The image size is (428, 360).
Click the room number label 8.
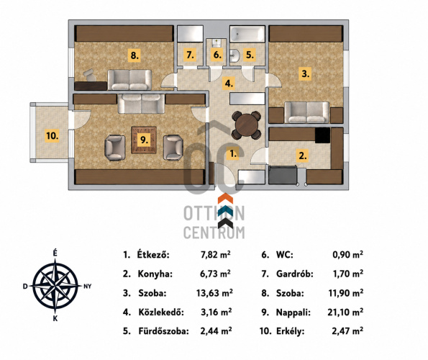(134, 55)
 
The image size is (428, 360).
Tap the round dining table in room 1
(247, 125)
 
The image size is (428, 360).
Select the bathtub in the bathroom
(247, 34)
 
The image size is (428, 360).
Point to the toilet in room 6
(217, 43)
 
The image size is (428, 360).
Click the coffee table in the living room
(144, 140)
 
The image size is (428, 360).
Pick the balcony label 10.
(52, 135)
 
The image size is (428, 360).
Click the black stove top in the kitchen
(322, 135)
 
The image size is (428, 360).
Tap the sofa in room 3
(307, 112)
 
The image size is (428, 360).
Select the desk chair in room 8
(89, 76)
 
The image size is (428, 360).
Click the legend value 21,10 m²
(345, 312)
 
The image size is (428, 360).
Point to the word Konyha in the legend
(155, 274)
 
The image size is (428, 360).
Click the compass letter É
(55, 253)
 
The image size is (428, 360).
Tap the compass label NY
(87, 287)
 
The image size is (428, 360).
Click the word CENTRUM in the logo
(214, 233)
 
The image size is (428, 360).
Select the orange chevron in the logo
(225, 199)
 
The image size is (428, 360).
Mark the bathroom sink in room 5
(235, 55)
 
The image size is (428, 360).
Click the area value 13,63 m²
(214, 293)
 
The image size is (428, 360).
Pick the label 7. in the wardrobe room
(190, 55)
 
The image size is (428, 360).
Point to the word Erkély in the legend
(290, 331)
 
